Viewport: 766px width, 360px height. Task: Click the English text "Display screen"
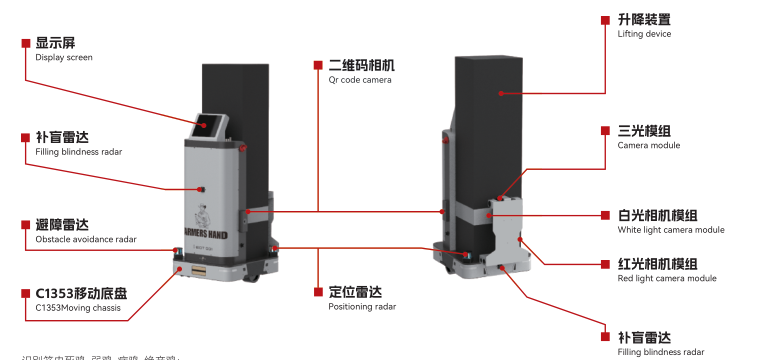click(64, 58)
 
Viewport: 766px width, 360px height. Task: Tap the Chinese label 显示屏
click(56, 43)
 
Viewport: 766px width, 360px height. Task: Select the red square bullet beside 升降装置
click(606, 19)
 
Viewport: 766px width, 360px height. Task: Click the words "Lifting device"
click(644, 34)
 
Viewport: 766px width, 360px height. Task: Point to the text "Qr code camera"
click(360, 80)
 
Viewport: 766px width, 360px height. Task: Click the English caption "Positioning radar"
click(362, 307)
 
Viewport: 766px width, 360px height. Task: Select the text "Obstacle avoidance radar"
click(86, 240)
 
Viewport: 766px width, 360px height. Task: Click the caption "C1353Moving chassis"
click(77, 308)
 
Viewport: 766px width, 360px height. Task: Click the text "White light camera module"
click(671, 230)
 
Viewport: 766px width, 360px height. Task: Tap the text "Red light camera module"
click(667, 278)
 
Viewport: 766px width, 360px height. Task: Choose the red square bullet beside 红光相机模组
click(606, 264)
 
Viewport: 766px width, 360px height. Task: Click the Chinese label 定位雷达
click(355, 292)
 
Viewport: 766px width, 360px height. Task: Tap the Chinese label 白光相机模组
click(657, 215)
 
